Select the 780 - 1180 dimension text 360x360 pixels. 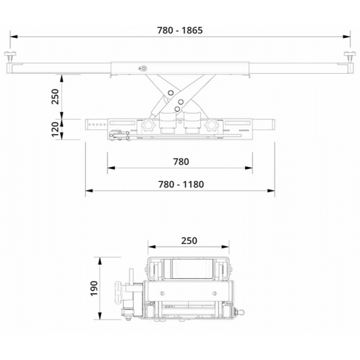(179, 184)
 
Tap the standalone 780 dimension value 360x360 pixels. (180, 161)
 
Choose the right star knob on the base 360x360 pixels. (211, 126)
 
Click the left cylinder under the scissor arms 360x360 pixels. (167, 123)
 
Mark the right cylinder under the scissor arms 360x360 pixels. (192, 123)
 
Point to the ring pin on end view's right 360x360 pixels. (242, 312)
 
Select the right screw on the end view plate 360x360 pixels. (215, 293)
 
